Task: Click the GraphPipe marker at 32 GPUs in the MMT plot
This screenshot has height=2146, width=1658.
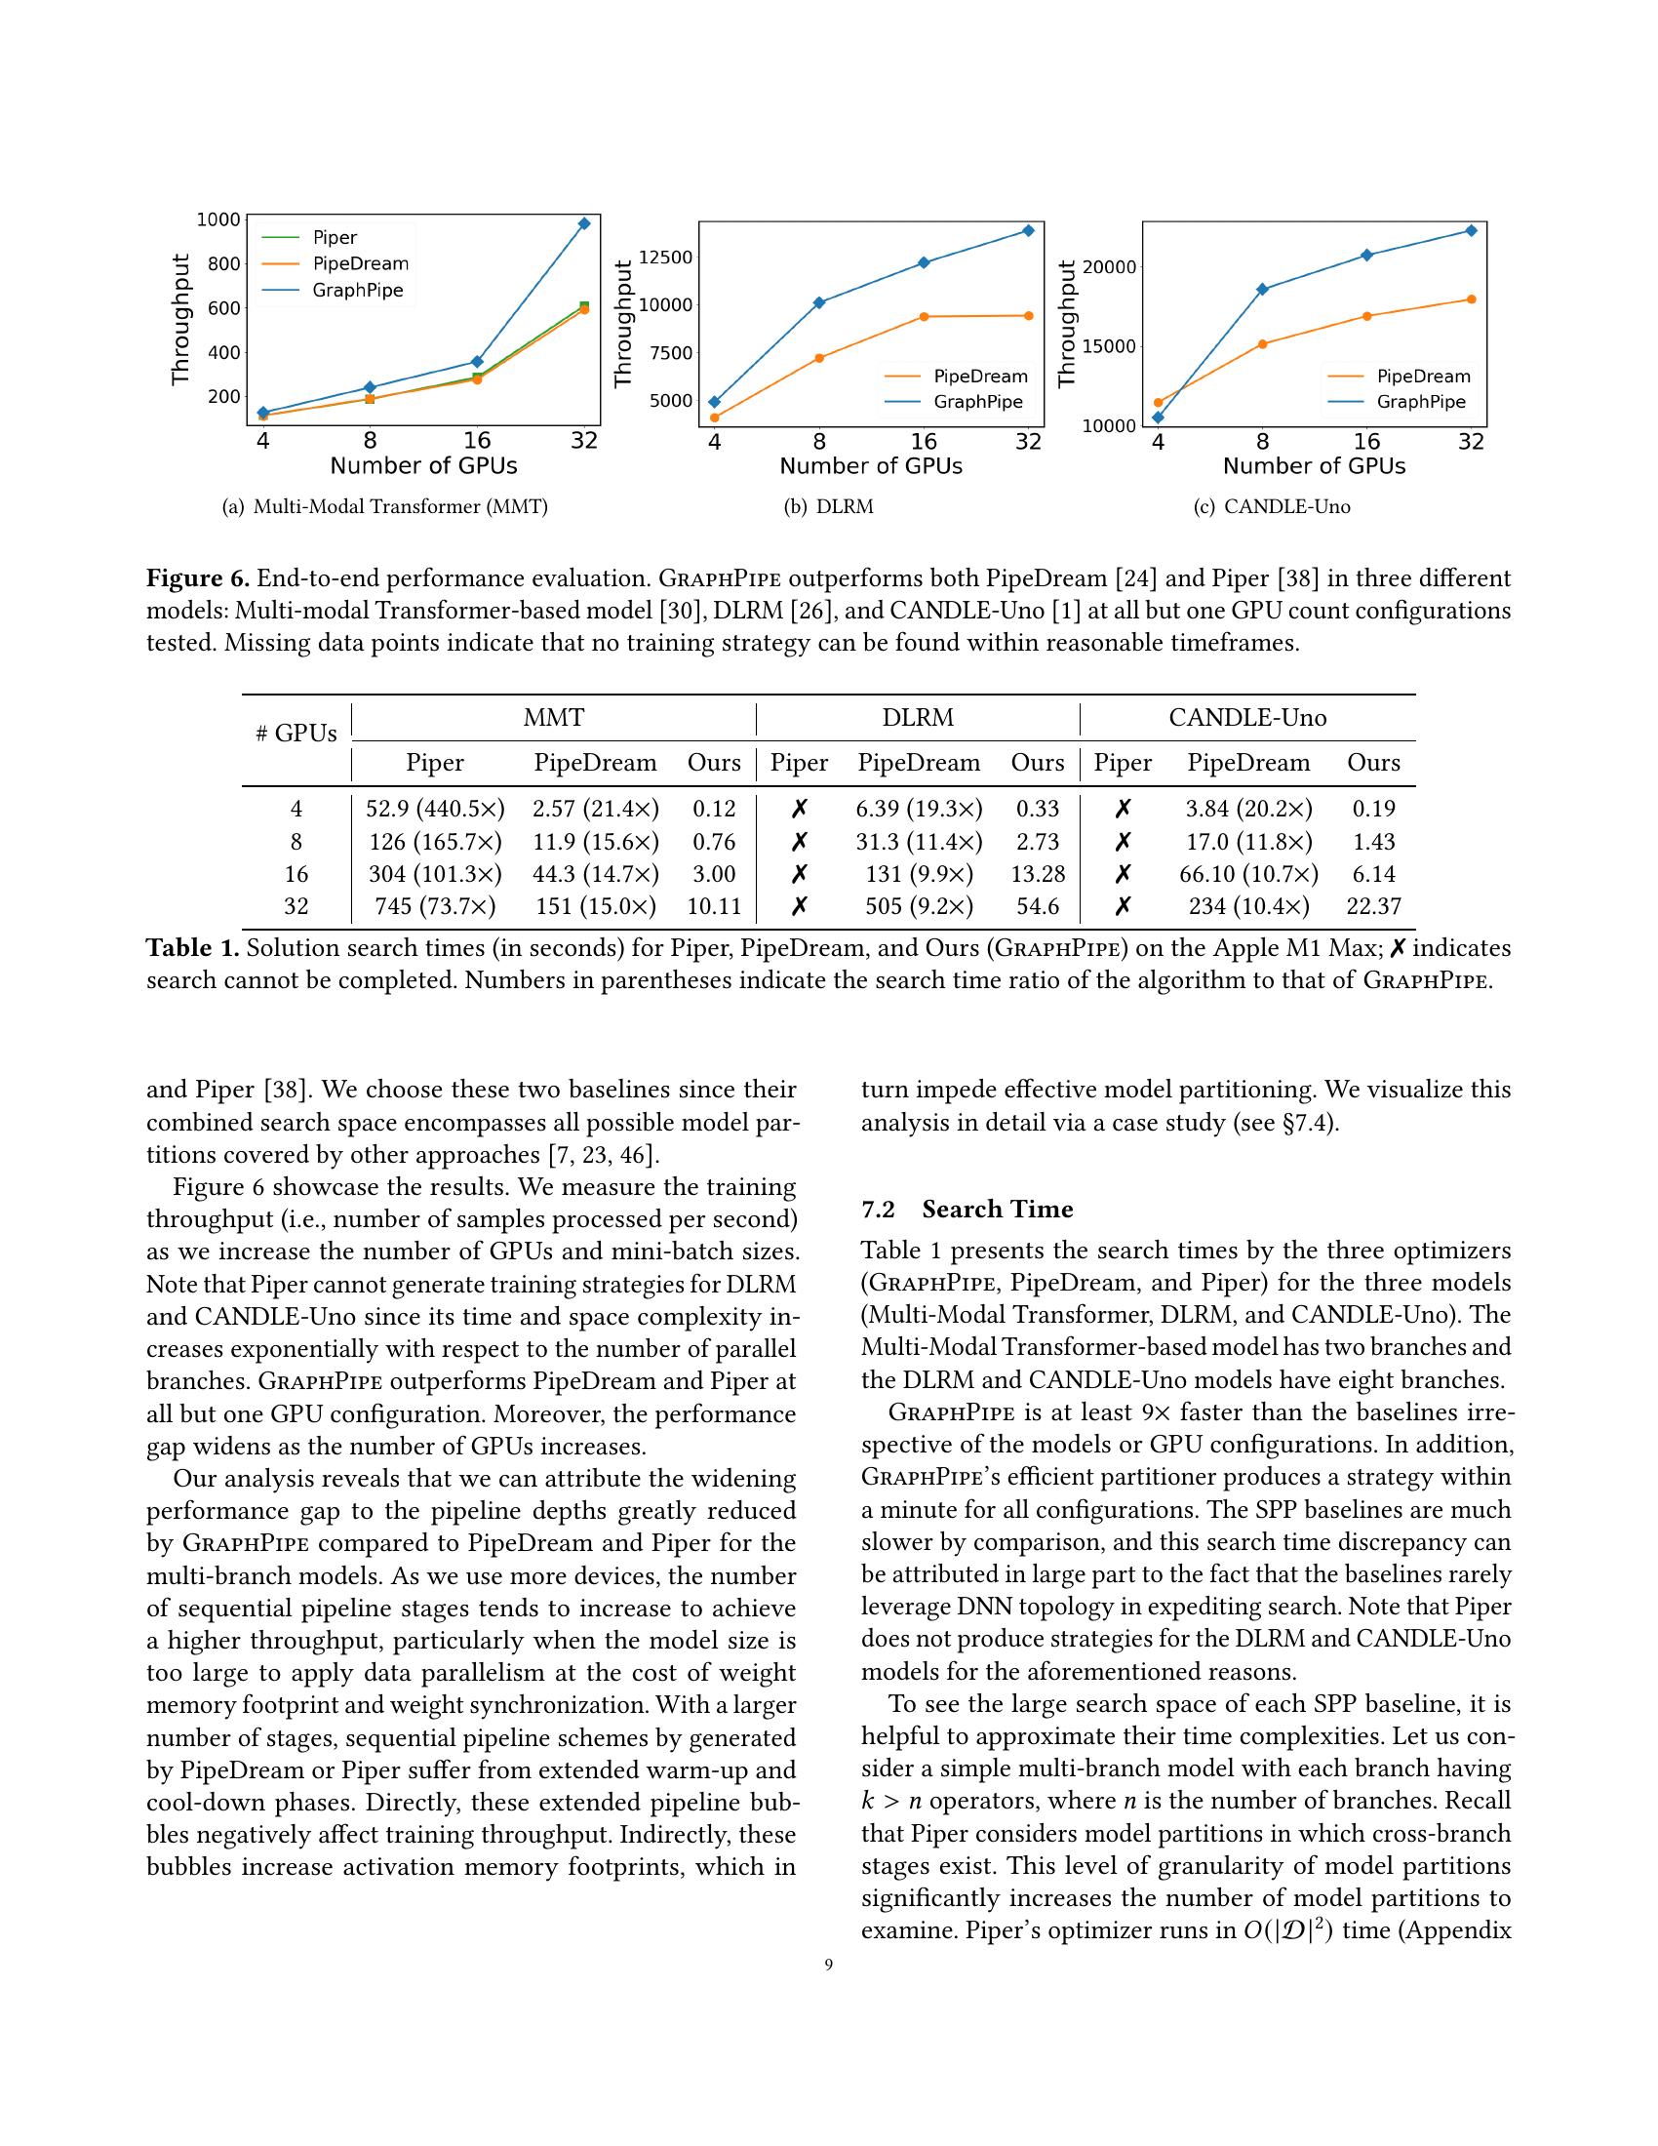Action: [584, 223]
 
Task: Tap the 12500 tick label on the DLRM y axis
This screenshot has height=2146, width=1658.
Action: [666, 258]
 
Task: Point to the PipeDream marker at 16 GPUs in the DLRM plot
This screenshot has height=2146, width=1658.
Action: [924, 316]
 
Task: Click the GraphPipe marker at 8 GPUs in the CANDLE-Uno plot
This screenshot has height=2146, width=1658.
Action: [1262, 289]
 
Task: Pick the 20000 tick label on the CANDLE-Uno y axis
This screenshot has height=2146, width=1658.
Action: [1108, 267]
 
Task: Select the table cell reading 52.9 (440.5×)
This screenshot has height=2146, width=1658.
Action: [435, 809]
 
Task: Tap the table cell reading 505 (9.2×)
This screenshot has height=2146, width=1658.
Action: [919, 906]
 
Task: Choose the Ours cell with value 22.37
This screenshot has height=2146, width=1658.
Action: [1373, 906]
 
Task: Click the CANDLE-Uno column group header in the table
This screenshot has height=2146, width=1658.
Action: [1246, 717]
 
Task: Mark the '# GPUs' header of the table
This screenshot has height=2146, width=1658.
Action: [296, 733]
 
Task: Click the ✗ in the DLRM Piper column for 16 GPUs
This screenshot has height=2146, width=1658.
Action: [800, 874]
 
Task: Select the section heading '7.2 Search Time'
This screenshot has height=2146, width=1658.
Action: [967, 1209]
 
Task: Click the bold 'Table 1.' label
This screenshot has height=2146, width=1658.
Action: [192, 948]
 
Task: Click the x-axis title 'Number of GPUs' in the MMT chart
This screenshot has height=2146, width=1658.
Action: [423, 465]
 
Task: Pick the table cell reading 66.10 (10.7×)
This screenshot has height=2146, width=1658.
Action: [1248, 874]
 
